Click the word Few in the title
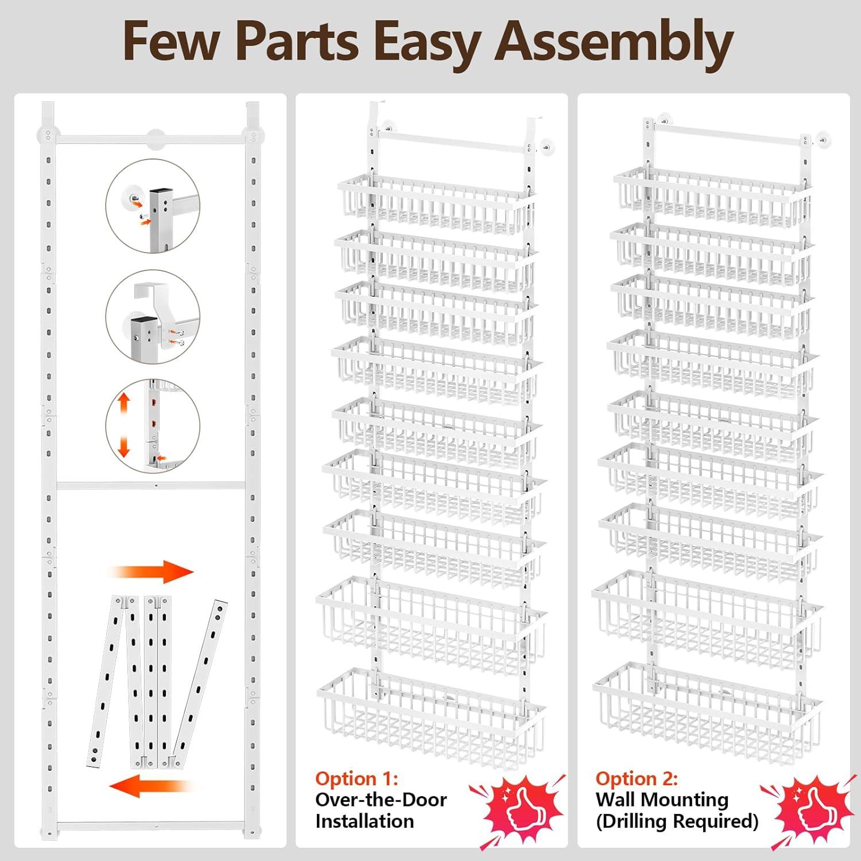tap(170, 41)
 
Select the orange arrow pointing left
tap(150, 786)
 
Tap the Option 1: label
tap(356, 778)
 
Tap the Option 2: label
tap(637, 778)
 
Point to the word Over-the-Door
tap(381, 800)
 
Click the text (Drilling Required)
tap(677, 821)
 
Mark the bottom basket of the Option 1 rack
tap(430, 717)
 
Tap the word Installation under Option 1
tap(364, 821)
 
